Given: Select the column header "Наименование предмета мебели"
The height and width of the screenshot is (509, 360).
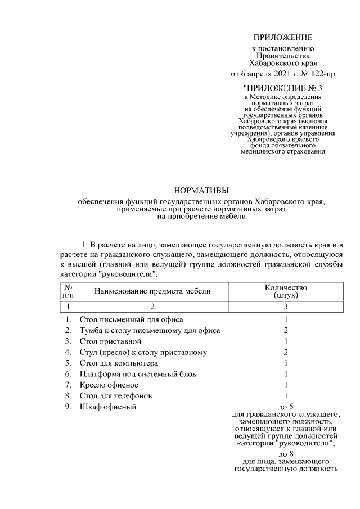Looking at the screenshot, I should [152, 291].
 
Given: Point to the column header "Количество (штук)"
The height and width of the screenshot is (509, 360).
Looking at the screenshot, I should [286, 291].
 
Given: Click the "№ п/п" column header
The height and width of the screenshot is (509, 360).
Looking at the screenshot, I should [67, 291].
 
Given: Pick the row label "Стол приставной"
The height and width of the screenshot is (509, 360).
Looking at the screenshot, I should [110, 341].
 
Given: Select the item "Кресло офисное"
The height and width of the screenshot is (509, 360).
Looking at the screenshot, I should [109, 385].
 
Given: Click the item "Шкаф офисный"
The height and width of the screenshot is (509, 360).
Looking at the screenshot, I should [108, 407].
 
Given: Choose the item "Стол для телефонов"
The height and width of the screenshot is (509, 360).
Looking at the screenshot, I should [116, 396].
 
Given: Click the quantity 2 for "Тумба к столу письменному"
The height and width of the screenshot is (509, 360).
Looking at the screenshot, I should [286, 330].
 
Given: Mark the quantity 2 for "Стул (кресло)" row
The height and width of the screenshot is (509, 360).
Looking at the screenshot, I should [286, 352].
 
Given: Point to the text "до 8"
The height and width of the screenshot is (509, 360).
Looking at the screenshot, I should [286, 453].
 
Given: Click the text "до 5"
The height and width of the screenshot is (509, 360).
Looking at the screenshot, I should [286, 407].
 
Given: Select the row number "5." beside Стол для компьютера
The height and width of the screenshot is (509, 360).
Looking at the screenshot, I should [67, 363].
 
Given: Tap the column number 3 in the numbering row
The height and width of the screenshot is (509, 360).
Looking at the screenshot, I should [286, 307].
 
